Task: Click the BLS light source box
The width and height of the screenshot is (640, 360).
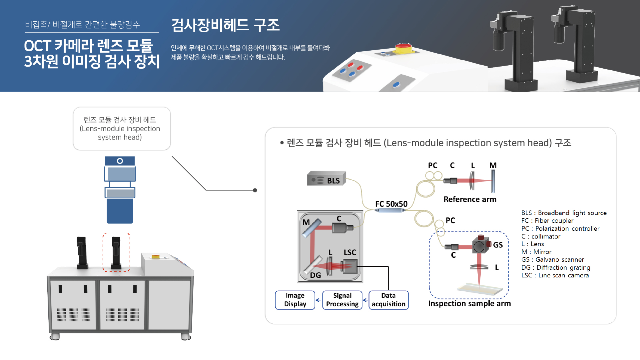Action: (x=326, y=179)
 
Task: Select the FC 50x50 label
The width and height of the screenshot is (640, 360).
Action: (x=391, y=204)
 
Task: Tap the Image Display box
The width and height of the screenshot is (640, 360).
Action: (x=295, y=300)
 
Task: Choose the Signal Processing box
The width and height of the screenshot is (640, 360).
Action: (x=342, y=300)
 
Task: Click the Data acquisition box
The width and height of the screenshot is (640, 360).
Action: (x=388, y=300)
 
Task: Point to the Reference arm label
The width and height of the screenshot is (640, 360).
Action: (x=470, y=199)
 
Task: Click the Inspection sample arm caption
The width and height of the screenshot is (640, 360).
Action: (x=469, y=303)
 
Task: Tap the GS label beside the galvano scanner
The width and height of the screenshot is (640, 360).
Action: (x=498, y=245)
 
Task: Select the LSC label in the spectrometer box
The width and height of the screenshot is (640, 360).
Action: (x=350, y=252)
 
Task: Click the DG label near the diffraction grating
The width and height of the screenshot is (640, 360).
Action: (x=316, y=275)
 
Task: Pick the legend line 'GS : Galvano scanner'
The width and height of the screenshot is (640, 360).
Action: (x=552, y=260)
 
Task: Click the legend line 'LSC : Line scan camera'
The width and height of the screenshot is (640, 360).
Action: (x=555, y=275)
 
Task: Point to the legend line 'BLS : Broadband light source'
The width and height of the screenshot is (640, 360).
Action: (x=564, y=213)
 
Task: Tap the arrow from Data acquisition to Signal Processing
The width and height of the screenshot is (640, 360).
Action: (x=365, y=300)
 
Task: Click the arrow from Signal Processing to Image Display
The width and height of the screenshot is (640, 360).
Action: (x=318, y=300)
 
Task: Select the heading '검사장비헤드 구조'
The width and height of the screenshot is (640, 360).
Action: (x=225, y=25)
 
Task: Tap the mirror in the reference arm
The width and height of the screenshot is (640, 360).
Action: (x=493, y=181)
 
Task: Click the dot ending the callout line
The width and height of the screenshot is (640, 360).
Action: (x=255, y=190)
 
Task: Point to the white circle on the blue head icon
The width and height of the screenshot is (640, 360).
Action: (x=120, y=161)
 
